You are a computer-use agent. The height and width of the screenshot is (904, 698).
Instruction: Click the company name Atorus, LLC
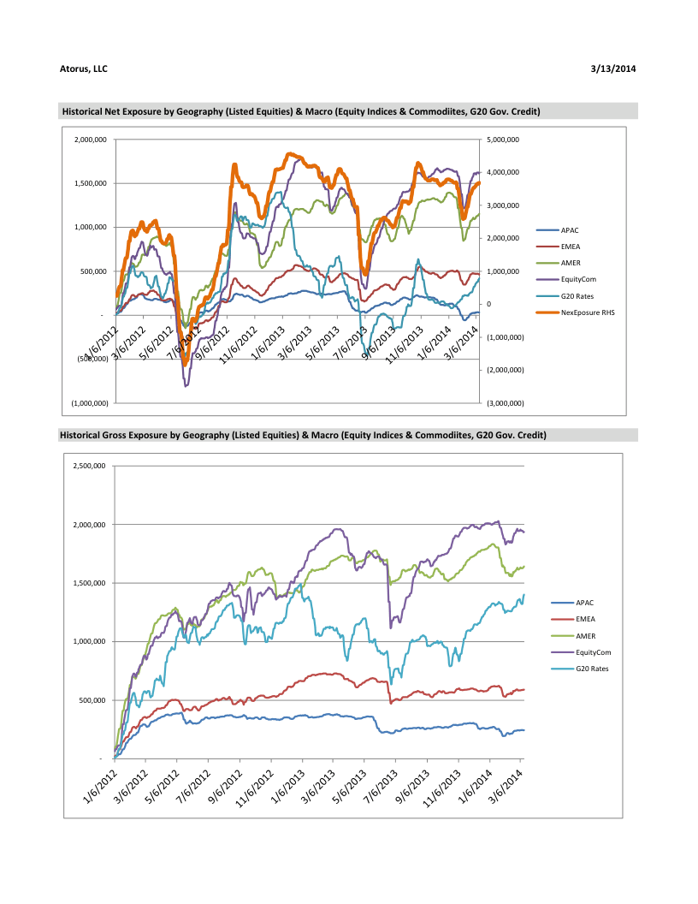pos(84,68)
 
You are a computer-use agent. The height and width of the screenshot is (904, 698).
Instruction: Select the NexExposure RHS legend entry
pos(588,312)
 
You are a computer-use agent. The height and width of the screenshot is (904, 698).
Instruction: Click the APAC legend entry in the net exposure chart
pos(570,230)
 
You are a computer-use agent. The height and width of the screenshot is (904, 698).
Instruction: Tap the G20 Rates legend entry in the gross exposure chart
pos(592,669)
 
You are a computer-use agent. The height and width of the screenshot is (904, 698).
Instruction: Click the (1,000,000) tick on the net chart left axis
pos(90,402)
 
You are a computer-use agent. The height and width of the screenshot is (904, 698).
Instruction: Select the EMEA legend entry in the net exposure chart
pos(571,247)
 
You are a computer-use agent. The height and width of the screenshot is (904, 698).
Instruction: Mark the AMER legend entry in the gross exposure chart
pos(586,636)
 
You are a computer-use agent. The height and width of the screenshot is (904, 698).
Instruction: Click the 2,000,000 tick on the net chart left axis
pos(90,140)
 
